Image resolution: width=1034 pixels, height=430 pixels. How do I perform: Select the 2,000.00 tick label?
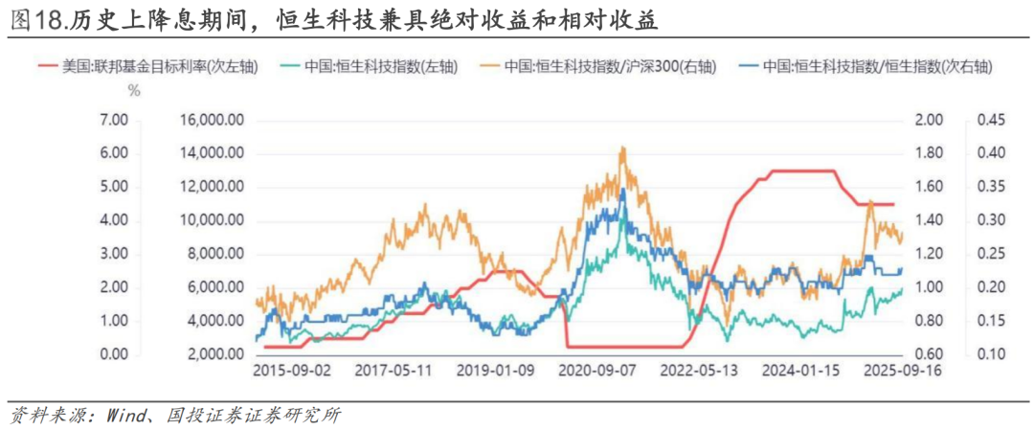point(213,354)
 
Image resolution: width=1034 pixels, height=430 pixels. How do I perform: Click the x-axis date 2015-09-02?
point(292,370)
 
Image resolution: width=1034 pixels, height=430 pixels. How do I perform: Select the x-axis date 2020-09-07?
point(597,370)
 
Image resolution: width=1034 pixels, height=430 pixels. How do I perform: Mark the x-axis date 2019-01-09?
point(495,370)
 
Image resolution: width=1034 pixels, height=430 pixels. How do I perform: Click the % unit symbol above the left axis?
point(133,92)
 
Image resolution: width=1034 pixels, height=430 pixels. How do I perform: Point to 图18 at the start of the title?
point(33,20)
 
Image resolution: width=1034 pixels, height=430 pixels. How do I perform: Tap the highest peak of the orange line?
point(623,147)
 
